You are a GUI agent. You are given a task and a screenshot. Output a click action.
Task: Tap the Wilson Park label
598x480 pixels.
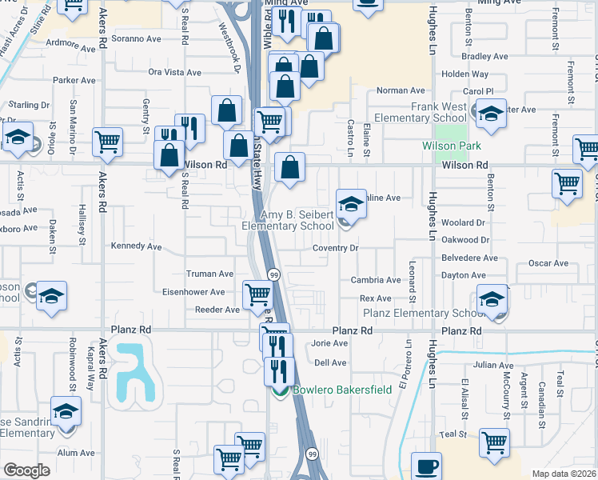(x=452, y=146)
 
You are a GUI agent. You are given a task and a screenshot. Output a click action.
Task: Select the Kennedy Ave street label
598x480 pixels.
(x=136, y=246)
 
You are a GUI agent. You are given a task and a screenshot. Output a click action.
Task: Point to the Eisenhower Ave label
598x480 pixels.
(x=194, y=293)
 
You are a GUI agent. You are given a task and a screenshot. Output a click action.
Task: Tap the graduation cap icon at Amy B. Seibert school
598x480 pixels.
(x=350, y=204)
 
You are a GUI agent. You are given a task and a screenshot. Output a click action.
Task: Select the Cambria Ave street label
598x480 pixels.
(x=376, y=280)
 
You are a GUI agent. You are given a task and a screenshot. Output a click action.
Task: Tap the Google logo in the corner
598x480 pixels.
(x=26, y=470)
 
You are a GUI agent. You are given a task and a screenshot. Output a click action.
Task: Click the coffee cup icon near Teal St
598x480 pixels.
(x=426, y=466)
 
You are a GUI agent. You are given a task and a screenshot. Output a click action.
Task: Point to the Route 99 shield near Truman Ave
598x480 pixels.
(x=273, y=274)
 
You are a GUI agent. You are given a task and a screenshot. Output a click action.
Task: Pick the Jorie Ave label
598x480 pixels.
(x=329, y=343)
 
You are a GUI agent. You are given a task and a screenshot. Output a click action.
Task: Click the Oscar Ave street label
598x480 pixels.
(x=548, y=263)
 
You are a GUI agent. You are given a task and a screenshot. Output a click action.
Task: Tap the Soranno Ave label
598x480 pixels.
(x=137, y=38)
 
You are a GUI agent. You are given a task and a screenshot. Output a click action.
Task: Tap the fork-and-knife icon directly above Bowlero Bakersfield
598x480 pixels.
(x=279, y=371)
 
